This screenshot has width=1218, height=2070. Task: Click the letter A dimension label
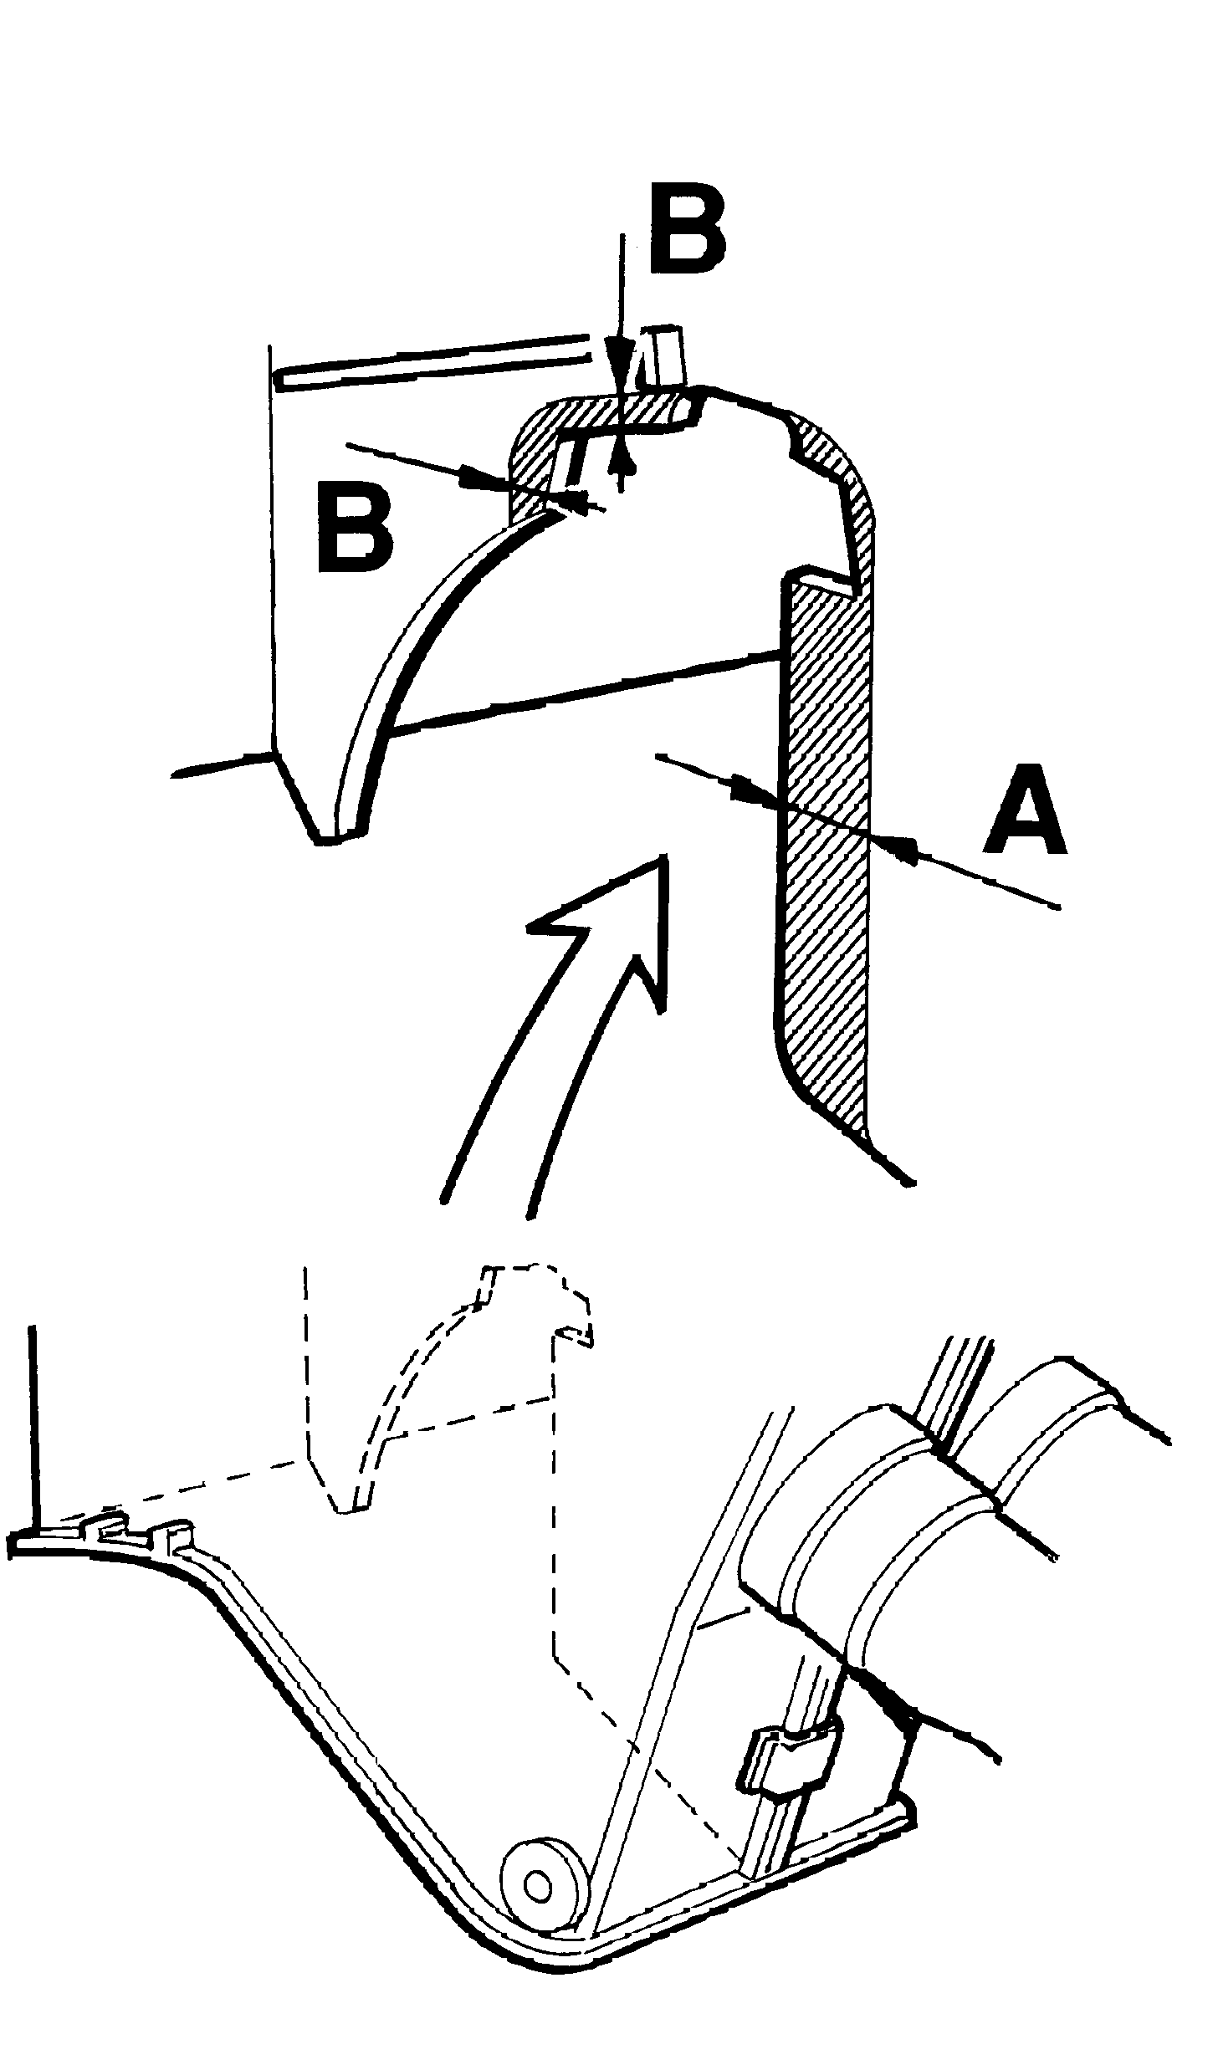[x=1026, y=810]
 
